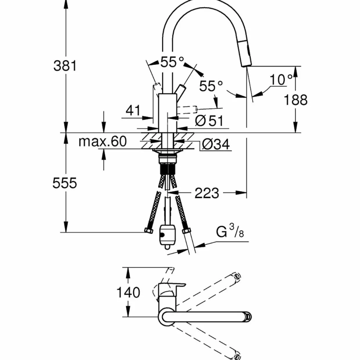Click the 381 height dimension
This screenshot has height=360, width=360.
click(x=65, y=66)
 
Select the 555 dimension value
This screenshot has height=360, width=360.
click(x=65, y=183)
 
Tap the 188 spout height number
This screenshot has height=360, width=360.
click(x=296, y=100)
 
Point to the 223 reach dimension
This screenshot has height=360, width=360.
click(x=207, y=193)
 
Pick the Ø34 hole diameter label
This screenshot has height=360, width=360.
click(x=216, y=144)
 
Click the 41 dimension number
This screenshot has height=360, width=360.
click(x=133, y=110)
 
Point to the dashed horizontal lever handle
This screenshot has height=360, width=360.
click(x=186, y=109)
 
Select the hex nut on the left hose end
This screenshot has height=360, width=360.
click(x=149, y=231)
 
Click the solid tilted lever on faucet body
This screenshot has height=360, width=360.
click(x=180, y=90)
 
